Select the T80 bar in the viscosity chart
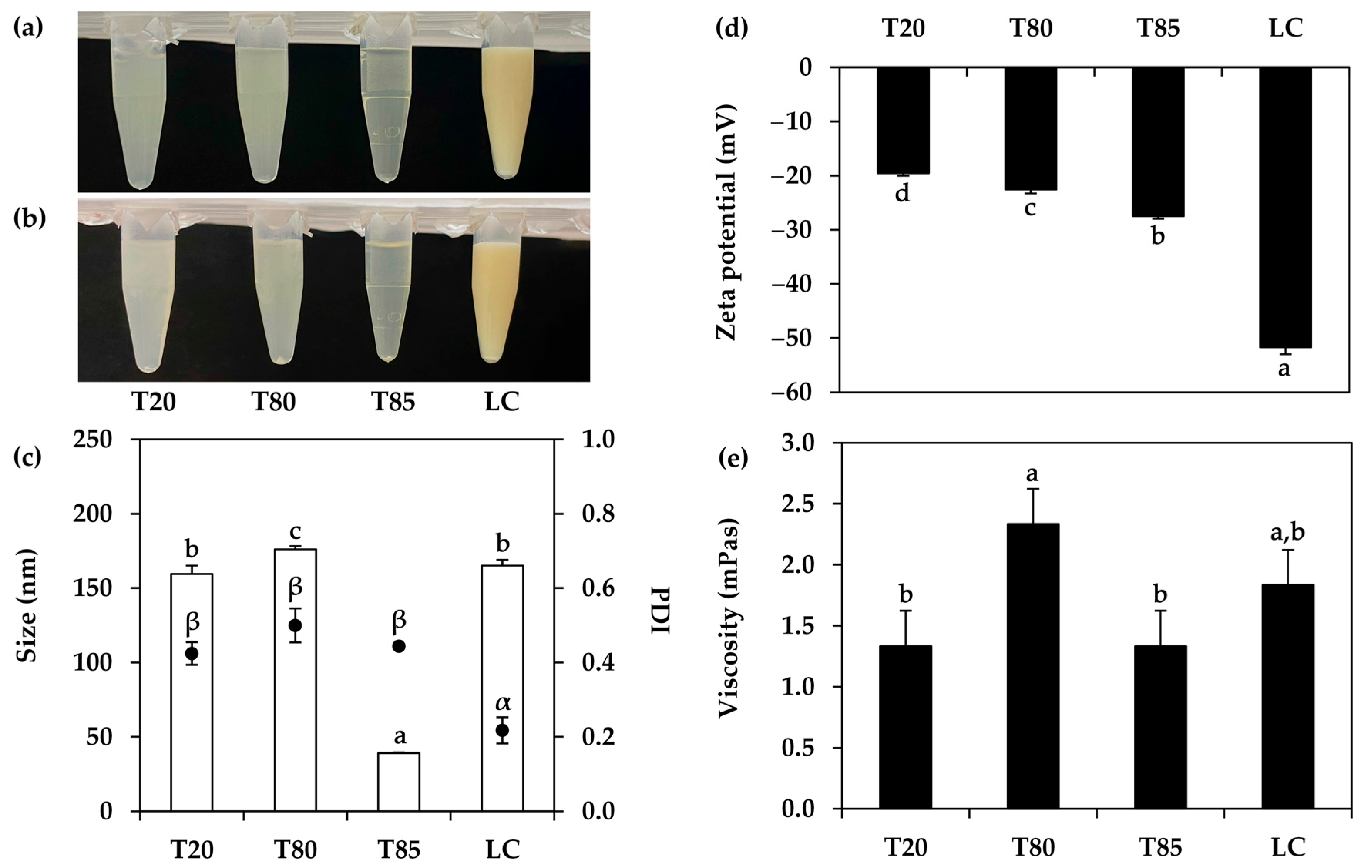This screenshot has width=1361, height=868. pyautogui.click(x=1033, y=667)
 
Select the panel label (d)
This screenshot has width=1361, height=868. pyautogui.click(x=732, y=28)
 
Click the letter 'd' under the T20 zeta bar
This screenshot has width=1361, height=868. pyautogui.click(x=902, y=194)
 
